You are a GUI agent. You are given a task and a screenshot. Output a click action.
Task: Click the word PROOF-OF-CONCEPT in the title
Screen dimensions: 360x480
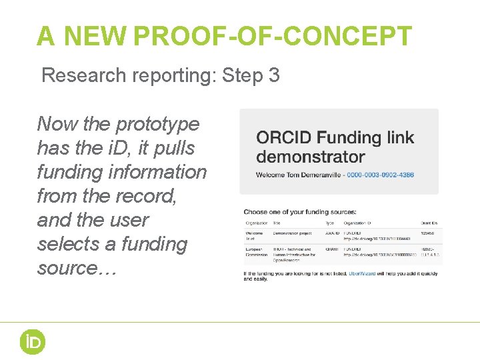click(x=273, y=36)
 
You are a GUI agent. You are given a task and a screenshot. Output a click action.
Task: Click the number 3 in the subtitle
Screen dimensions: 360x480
click(x=274, y=75)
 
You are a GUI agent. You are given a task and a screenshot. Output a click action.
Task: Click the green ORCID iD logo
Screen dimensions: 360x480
click(x=31, y=341)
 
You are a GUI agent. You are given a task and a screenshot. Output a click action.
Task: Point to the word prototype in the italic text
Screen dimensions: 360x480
click(x=157, y=124)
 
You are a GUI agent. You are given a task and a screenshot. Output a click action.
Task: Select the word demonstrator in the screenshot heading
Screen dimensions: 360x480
click(x=311, y=157)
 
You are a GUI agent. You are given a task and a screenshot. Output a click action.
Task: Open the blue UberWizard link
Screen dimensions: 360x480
click(x=369, y=274)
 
